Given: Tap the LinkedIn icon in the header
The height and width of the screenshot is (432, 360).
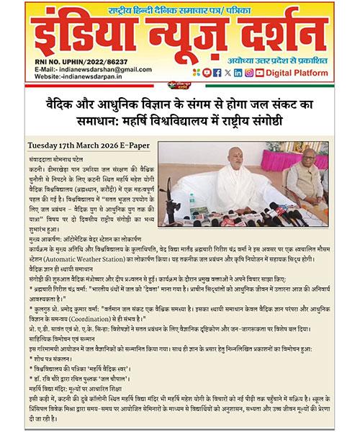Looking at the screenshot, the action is tap(238, 72).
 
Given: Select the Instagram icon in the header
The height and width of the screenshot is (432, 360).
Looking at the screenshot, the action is tap(249, 72).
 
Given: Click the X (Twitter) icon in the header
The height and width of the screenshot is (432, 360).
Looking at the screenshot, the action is tap(228, 72).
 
